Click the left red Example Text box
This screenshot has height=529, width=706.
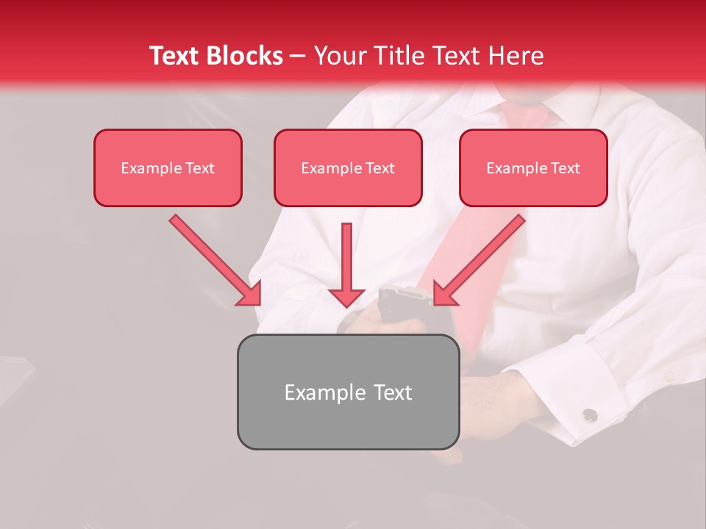click(168, 168)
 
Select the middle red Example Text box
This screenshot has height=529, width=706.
click(348, 168)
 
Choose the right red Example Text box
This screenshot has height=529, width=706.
click(533, 168)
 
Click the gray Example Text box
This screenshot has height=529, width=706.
click(348, 392)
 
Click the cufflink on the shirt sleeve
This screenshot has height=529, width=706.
click(590, 416)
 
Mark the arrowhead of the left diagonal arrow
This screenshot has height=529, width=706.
click(250, 294)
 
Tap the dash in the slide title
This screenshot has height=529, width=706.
click(298, 57)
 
